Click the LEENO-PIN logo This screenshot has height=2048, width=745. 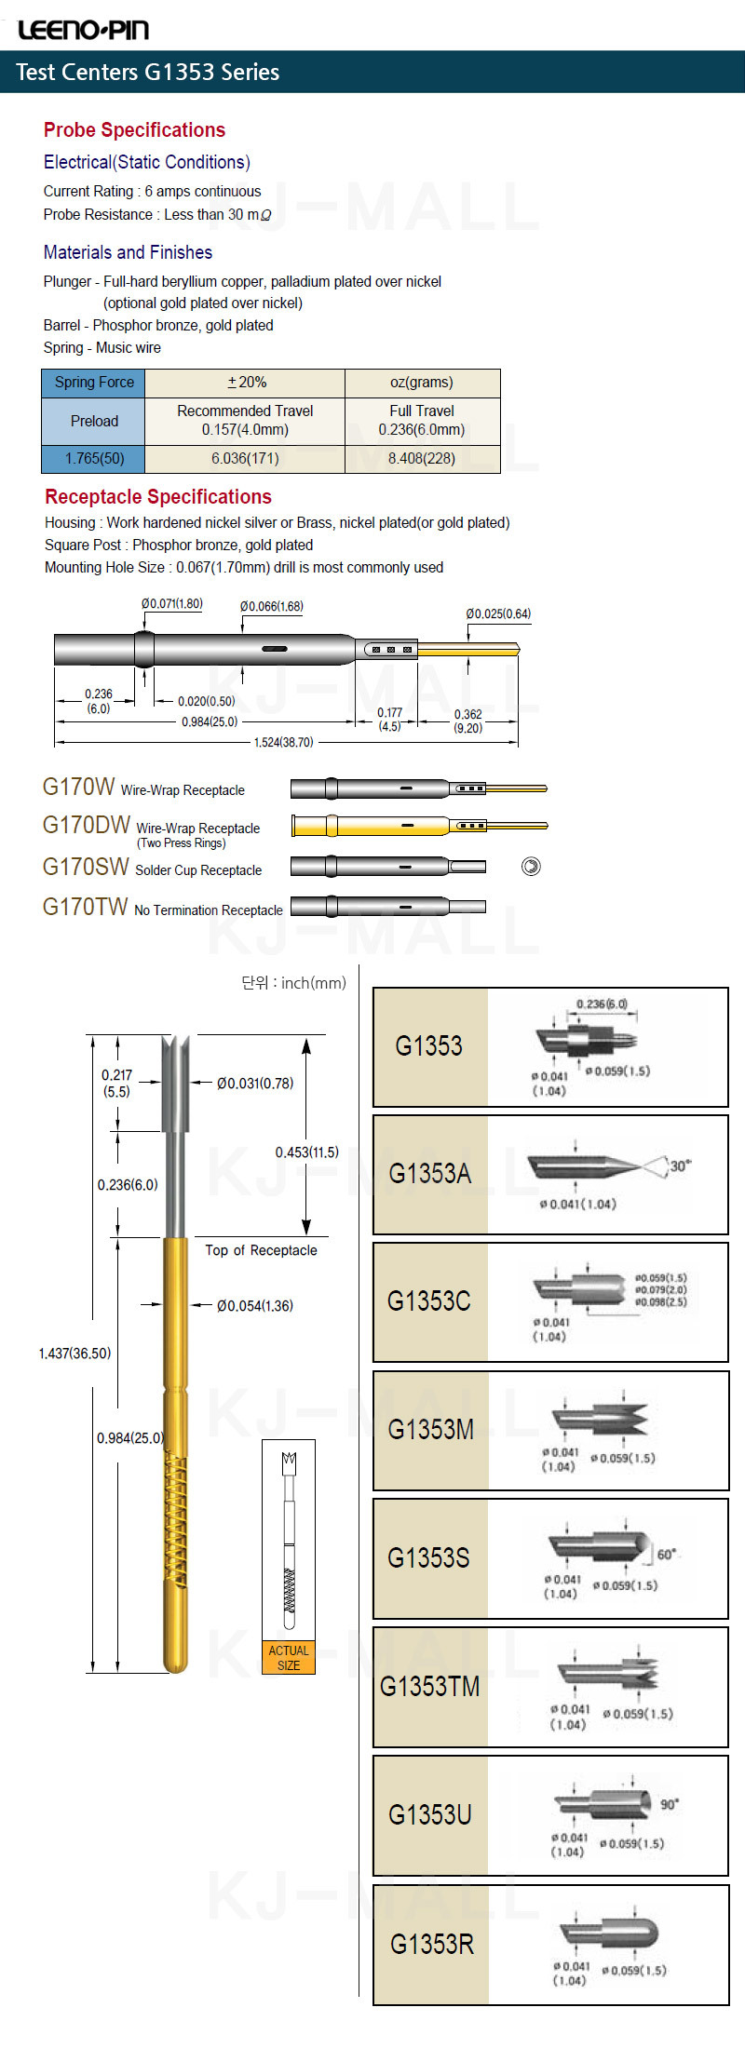[83, 30]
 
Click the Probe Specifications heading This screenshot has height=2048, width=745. [134, 130]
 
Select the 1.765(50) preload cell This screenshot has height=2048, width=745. [94, 458]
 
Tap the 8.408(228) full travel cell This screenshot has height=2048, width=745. [422, 458]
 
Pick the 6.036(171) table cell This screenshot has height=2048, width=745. [245, 458]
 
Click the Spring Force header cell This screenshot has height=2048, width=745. [94, 383]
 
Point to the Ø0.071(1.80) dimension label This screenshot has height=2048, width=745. [172, 604]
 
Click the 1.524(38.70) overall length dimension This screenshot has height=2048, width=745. [284, 742]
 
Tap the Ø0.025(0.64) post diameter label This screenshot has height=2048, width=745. [498, 614]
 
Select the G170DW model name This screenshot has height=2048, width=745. [87, 826]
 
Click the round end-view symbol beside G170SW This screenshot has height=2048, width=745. [531, 867]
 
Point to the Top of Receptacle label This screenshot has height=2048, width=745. [261, 1250]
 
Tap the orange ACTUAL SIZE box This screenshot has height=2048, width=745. [289, 1657]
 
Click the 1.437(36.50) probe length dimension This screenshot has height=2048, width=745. [74, 1354]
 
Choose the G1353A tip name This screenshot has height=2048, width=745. [430, 1174]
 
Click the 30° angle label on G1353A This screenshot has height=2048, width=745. [681, 1165]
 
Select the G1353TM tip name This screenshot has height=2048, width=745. [430, 1686]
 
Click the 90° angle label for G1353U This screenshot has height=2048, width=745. [670, 1804]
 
